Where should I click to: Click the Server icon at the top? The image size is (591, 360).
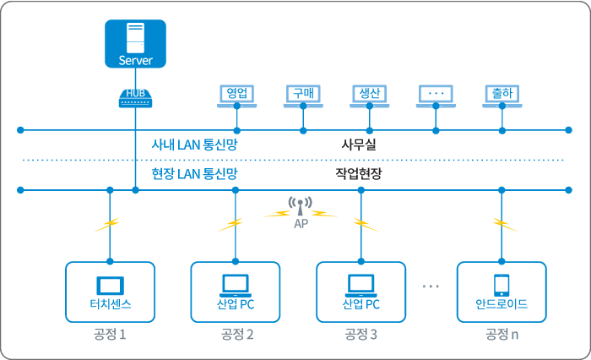135,43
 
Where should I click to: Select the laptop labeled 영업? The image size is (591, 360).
236,95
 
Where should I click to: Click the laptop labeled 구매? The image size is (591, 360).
303,95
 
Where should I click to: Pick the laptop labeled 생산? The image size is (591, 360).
370,95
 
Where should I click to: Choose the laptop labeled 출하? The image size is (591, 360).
502,95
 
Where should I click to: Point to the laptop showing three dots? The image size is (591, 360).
436,95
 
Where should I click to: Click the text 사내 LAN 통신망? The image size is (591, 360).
194,145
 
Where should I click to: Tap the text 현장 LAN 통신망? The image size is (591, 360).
194,173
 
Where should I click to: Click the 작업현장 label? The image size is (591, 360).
358,173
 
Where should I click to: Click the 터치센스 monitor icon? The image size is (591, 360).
110,284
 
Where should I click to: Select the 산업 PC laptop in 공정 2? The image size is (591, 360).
235,284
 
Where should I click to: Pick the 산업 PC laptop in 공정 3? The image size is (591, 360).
361,284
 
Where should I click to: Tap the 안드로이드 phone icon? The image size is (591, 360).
502,284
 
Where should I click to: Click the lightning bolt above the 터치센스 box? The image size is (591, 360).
107,225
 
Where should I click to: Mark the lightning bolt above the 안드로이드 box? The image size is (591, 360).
504,224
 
